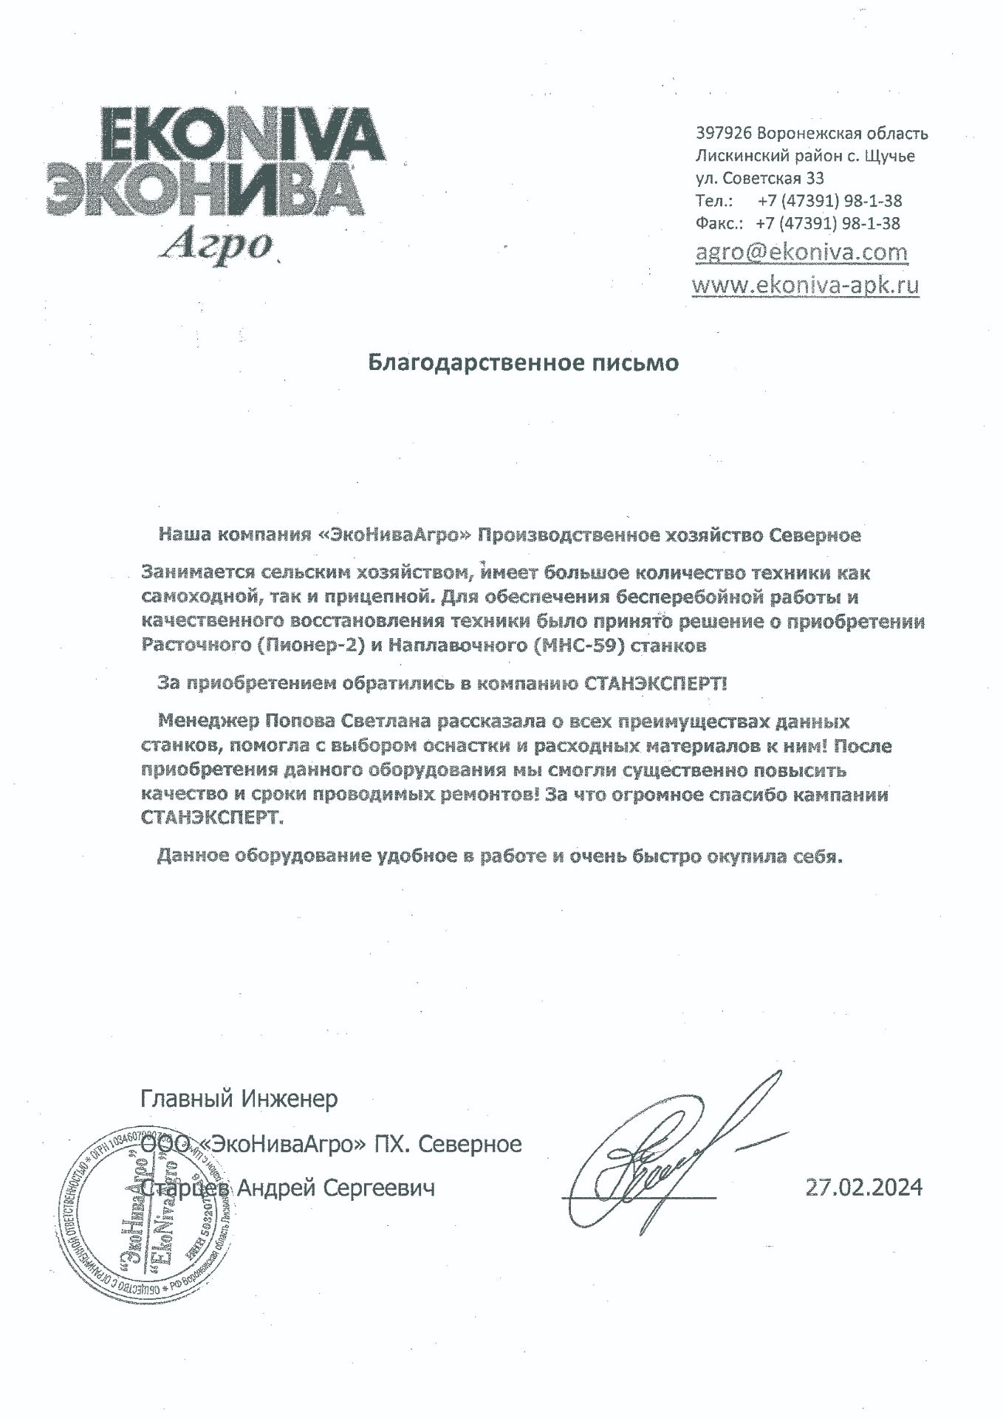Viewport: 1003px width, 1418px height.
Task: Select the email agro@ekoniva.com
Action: [801, 253]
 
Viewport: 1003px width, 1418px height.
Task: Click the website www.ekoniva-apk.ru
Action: [805, 285]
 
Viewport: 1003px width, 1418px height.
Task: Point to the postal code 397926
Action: [724, 134]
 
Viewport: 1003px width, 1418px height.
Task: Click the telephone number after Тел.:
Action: [829, 201]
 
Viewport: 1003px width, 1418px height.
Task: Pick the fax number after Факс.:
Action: [828, 223]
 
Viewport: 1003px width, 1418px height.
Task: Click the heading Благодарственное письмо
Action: [523, 363]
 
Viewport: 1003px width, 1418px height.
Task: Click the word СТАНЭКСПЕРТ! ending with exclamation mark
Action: [656, 684]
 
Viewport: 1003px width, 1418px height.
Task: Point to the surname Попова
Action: [301, 721]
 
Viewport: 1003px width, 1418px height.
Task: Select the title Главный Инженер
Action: [239, 1099]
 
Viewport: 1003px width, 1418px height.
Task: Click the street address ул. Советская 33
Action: [760, 178]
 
